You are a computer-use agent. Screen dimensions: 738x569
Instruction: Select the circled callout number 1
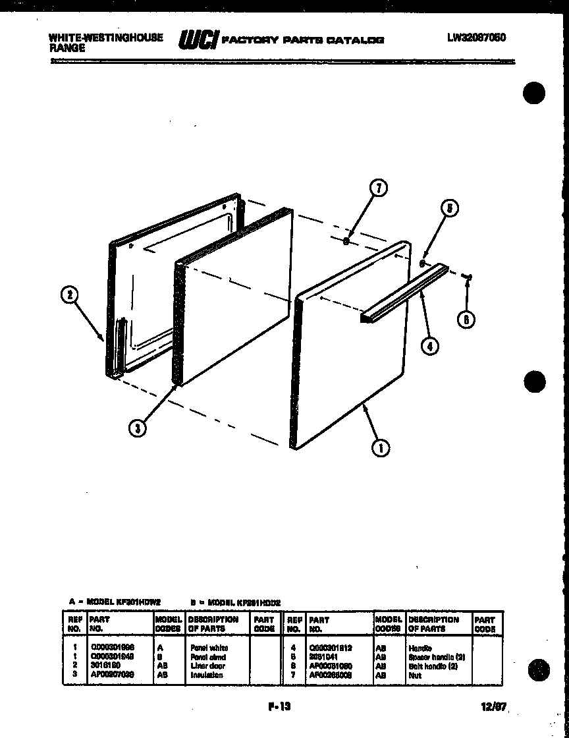pos(379,448)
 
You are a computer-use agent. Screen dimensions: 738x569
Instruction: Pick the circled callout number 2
pos(69,296)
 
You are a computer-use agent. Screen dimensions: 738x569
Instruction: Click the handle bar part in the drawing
pos(403,295)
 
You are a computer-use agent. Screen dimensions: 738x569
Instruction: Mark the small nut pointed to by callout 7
pos(346,241)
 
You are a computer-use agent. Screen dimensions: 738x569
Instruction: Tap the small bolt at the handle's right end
pos(468,277)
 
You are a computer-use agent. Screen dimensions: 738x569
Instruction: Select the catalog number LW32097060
pos(476,38)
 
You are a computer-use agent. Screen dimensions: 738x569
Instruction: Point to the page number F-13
pos(279,707)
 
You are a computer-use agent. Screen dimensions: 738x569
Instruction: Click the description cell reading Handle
pos(420,648)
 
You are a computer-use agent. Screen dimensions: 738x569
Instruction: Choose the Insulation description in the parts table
pos(205,675)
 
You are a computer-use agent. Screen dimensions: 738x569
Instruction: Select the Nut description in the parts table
pos(414,675)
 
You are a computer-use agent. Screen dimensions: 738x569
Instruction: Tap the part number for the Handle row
pos(330,648)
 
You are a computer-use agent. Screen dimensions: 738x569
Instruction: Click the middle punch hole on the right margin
pos(535,382)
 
